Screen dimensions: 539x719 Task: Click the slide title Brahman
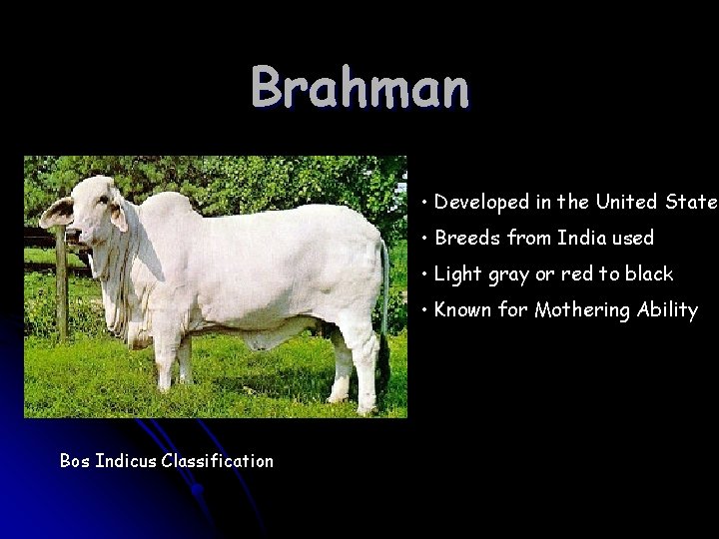pyautogui.click(x=359, y=88)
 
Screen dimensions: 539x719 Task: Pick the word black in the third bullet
pyautogui.click(x=649, y=273)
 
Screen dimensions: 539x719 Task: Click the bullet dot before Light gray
pyautogui.click(x=425, y=274)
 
